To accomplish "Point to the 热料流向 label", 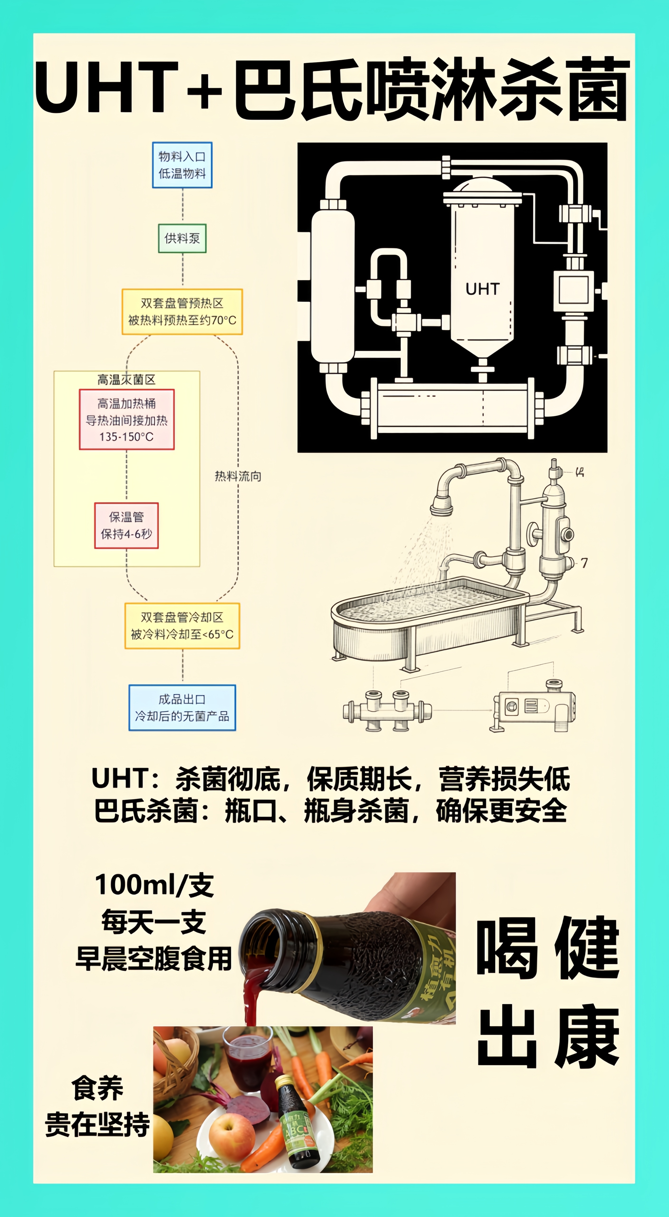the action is pyautogui.click(x=238, y=476).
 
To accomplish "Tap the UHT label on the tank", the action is pyautogui.click(x=482, y=289).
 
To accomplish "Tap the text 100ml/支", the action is pyautogui.click(x=154, y=885).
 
